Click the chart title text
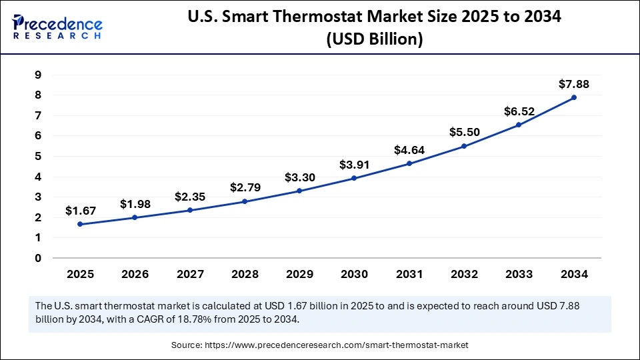tap(374, 29)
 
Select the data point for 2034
tap(573, 97)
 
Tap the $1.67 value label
tap(81, 211)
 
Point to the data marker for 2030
tap(354, 178)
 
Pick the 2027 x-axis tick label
tap(190, 274)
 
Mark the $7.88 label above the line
tap(573, 84)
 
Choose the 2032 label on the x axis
tap(464, 274)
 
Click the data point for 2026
tap(135, 217)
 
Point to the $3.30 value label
tap(299, 177)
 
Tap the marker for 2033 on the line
tap(519, 125)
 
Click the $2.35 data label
tap(190, 197)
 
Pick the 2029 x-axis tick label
tap(299, 274)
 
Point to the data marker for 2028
tap(245, 201)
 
